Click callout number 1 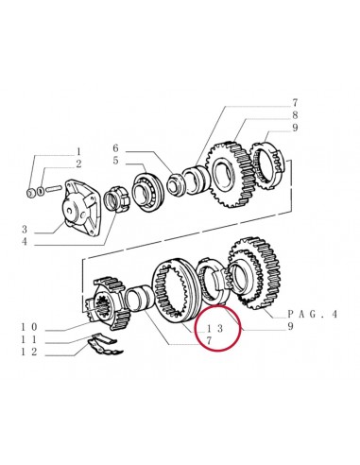click(x=78, y=151)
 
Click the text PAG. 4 click(x=301, y=313)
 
